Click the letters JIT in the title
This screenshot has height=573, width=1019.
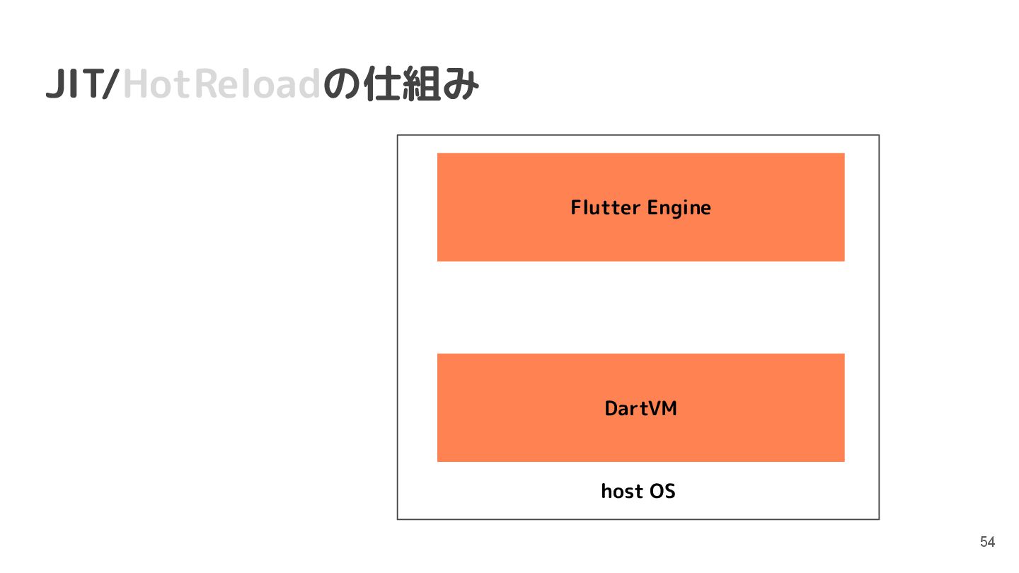click(x=72, y=85)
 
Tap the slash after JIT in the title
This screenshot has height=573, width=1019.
click(x=111, y=85)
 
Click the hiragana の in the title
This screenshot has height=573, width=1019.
click(x=342, y=86)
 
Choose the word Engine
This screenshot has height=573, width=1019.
click(x=679, y=208)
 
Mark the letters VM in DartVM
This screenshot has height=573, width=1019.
click(x=662, y=408)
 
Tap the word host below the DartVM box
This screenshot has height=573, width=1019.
click(x=622, y=491)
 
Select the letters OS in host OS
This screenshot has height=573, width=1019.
click(x=662, y=491)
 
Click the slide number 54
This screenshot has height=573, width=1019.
click(x=987, y=543)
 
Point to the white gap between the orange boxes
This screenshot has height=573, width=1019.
click(x=640, y=307)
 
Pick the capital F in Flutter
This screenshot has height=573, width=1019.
click(x=576, y=207)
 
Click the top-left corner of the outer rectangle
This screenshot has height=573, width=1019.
click(x=398, y=135)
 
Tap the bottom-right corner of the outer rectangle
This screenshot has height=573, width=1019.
click(x=878, y=519)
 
